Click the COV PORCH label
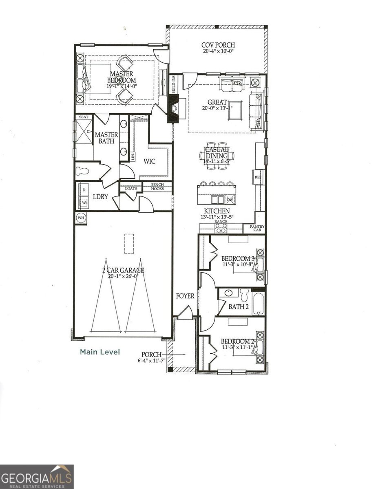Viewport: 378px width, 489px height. coord(218,45)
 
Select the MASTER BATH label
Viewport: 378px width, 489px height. coord(106,138)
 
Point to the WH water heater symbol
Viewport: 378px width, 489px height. coord(81,218)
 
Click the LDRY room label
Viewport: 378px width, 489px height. coord(100,196)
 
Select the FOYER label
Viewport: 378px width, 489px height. coord(185,296)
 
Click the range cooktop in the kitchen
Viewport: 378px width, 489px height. coord(221,228)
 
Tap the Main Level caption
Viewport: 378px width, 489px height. coord(100,352)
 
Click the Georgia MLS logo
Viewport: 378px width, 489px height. coord(37,476)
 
